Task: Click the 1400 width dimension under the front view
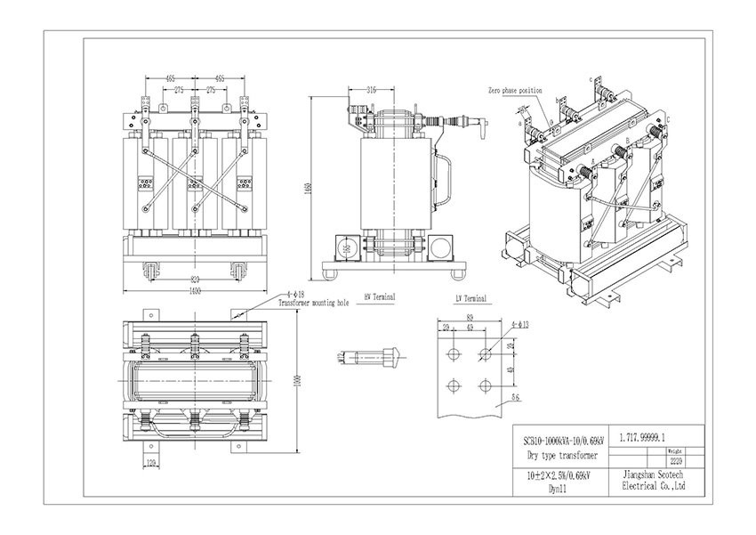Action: [x=194, y=291]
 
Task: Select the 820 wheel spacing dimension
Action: [x=194, y=278]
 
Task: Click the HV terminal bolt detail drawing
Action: [x=365, y=358]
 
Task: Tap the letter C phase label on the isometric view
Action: [x=668, y=119]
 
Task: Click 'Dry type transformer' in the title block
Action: [x=559, y=456]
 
